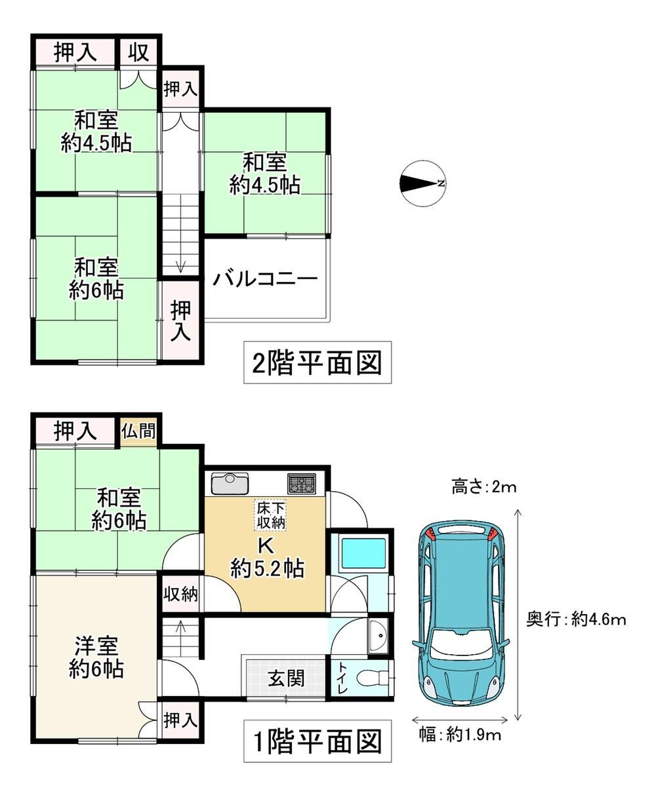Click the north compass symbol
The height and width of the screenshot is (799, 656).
423,184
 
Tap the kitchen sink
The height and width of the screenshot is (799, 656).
230,484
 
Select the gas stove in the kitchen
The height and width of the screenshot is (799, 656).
301,484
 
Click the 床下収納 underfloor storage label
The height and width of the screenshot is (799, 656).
271,515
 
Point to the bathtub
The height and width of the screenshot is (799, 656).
363,553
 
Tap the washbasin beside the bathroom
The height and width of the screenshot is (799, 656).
378,636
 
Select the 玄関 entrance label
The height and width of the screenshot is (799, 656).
286,678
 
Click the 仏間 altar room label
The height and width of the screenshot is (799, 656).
138,431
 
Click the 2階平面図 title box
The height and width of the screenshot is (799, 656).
318,362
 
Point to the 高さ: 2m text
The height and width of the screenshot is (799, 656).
484,486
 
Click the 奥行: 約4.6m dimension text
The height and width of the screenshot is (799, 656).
576,620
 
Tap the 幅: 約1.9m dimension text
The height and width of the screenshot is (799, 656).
460,735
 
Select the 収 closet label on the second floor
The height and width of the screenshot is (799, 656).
138,52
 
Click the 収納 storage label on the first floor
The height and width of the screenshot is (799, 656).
180,594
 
